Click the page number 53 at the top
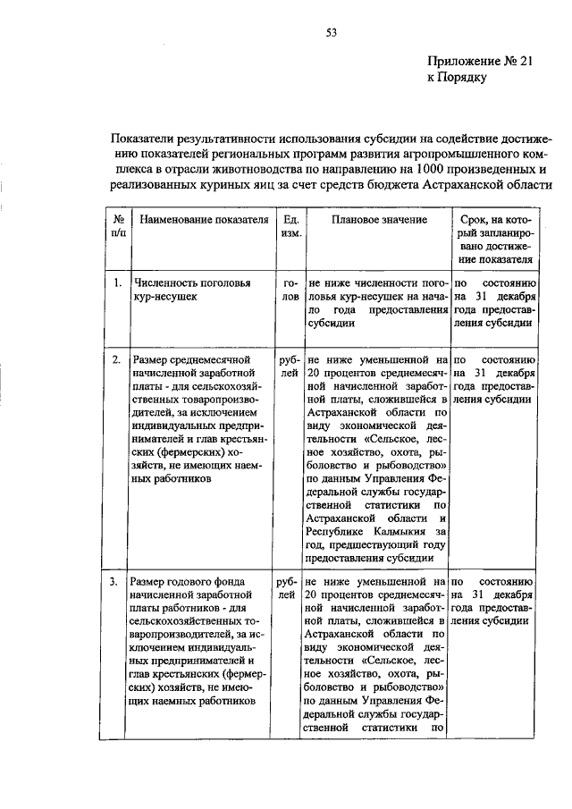point(330,33)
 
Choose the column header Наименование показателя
point(199,220)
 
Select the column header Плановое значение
point(374,220)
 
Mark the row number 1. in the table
point(117,283)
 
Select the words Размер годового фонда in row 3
point(189,582)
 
